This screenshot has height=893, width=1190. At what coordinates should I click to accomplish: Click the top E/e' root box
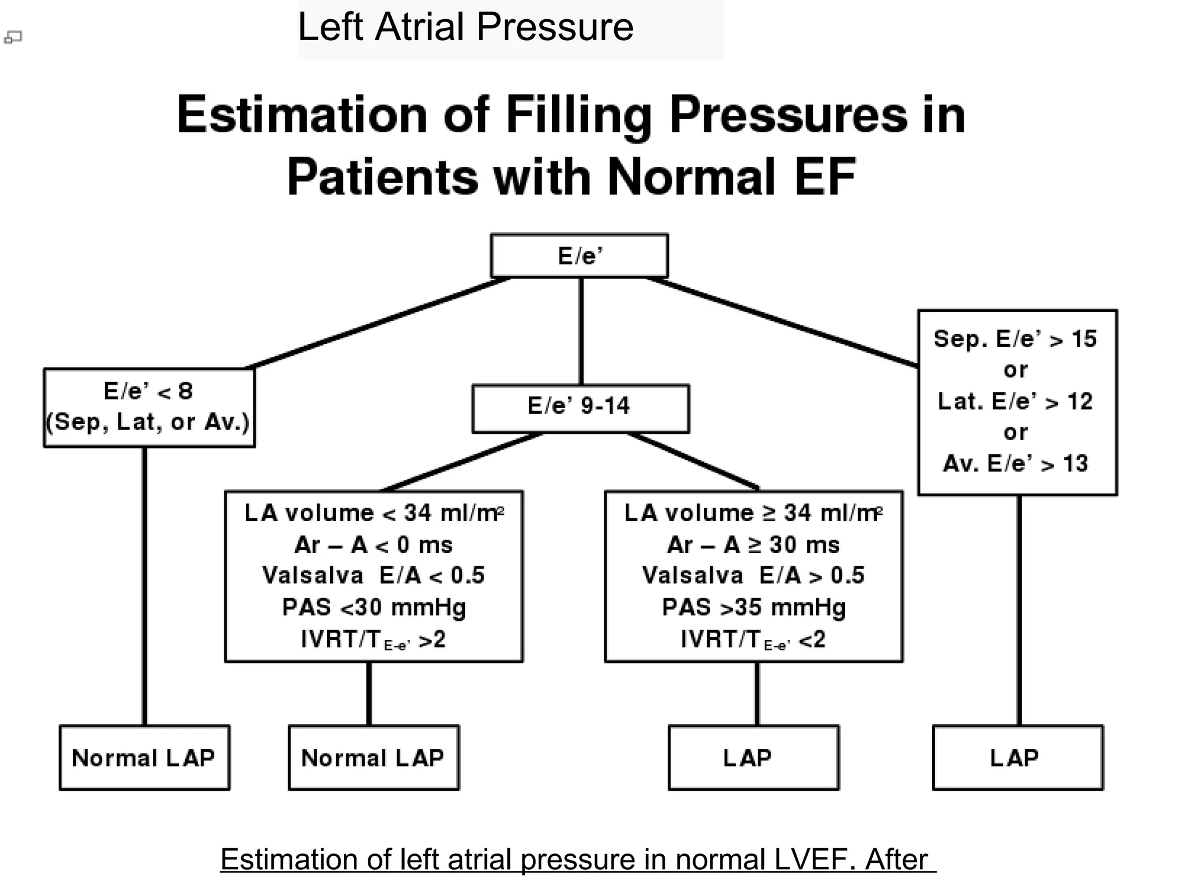click(579, 256)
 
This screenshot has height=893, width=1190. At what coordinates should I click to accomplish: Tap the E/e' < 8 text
click(148, 391)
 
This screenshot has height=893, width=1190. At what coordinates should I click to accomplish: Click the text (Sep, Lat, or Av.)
click(148, 422)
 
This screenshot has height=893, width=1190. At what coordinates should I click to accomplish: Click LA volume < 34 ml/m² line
click(373, 513)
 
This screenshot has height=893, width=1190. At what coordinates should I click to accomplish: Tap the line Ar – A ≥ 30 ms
click(753, 545)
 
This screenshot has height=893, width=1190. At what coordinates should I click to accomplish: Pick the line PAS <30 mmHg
click(373, 608)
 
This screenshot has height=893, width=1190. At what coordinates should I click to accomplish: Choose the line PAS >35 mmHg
click(753, 608)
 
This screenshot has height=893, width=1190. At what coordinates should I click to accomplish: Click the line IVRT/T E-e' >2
click(373, 640)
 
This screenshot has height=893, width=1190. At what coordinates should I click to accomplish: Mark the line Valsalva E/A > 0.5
click(753, 576)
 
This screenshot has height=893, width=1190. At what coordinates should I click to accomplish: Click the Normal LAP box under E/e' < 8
click(144, 758)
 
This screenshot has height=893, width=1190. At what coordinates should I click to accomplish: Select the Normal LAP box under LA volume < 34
click(373, 758)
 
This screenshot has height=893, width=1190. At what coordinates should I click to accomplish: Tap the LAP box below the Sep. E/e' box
click(1017, 758)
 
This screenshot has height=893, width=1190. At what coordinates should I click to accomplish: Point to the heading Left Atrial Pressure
click(465, 27)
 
